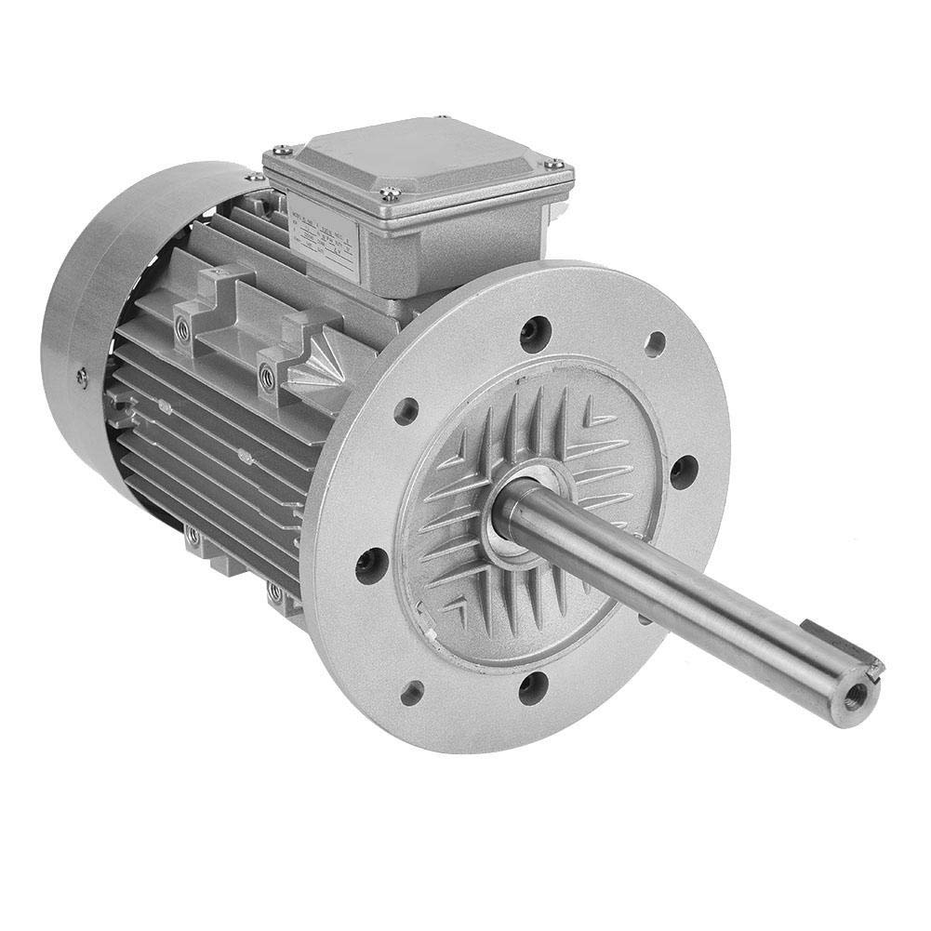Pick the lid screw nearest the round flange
pyautogui.click(x=554, y=164)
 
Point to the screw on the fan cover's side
pyautogui.click(x=82, y=376)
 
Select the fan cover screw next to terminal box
pyautogui.click(x=252, y=177)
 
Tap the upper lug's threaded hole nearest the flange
pyautogui.click(x=268, y=375)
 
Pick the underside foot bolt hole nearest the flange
pyautogui.click(x=274, y=591)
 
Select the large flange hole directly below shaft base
pyautogui.click(x=531, y=688)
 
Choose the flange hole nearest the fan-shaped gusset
pyautogui.click(x=406, y=411)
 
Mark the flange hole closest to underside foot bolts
pyautogui.click(x=371, y=564)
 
